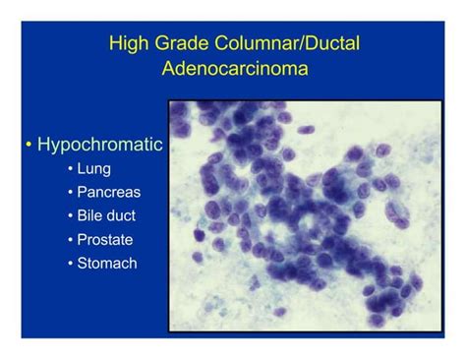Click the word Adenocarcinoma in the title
(x=233, y=70)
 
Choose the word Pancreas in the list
(x=108, y=192)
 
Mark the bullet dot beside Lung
(x=71, y=169)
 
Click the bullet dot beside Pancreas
(x=71, y=193)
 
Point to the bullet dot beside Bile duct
(x=71, y=216)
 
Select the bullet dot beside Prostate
(x=71, y=240)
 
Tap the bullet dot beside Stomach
(x=71, y=264)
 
